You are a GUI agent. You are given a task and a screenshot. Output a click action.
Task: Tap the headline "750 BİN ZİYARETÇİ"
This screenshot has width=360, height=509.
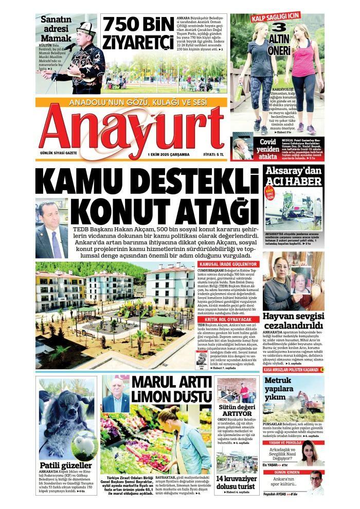138,34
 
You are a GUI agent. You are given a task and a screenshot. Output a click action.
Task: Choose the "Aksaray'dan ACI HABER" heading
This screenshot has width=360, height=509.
293,176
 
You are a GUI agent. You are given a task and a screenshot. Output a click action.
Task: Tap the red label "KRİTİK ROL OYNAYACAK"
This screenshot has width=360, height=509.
228,319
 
